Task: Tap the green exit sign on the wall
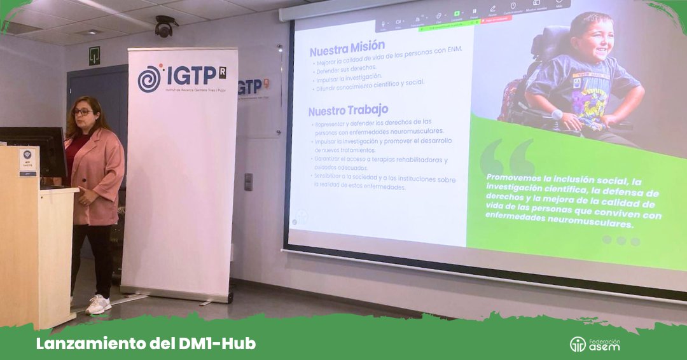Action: point(94,55)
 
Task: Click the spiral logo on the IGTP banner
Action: point(150,78)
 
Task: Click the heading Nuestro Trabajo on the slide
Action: point(349,110)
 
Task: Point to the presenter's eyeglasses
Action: point(81,112)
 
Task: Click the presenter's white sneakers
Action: point(97,304)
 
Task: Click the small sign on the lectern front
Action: point(27,162)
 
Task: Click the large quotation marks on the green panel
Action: point(508,156)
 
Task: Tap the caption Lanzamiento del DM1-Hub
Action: point(146,343)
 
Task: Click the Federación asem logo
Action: point(594,343)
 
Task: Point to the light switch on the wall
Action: point(248,181)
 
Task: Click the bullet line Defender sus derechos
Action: point(346,67)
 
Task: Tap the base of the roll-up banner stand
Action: point(178,294)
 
